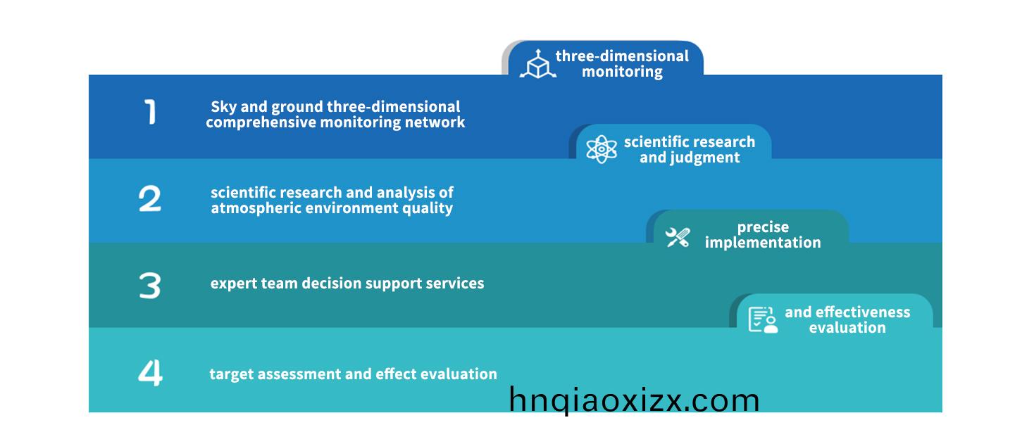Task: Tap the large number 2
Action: point(150,198)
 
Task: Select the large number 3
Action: point(150,285)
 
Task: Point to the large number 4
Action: point(150,373)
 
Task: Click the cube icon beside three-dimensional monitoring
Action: point(538,64)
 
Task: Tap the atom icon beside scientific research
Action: point(602,149)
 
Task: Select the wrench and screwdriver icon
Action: point(678,237)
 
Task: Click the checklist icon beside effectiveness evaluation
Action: point(763,319)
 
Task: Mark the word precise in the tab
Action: point(763,227)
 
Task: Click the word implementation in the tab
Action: point(763,243)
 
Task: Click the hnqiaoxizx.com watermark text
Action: point(634,400)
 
